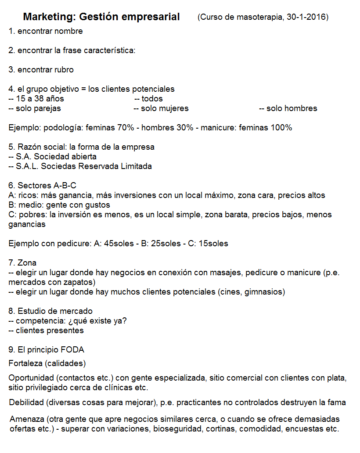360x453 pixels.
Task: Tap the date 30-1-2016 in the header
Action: (307, 18)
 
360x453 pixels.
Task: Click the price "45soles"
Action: (119, 244)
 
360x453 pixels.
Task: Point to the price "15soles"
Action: (213, 244)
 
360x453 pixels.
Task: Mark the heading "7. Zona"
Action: (22, 263)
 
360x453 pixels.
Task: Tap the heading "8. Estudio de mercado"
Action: (50, 311)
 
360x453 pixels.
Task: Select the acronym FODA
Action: (72, 350)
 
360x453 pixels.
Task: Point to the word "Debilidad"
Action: (27, 403)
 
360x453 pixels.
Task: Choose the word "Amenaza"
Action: (27, 419)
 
